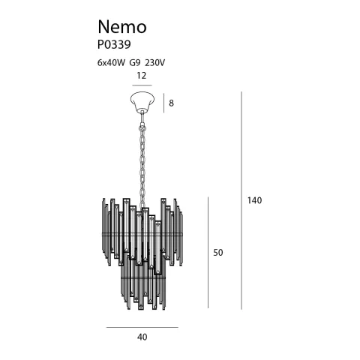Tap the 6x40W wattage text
point(112,62)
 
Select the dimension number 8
point(171,103)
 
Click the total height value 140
point(255,200)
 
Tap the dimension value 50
point(218,253)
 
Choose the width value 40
point(142,337)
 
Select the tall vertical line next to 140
point(241,200)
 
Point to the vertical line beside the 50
point(208,253)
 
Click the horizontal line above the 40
point(142,328)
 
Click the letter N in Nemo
point(104,27)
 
